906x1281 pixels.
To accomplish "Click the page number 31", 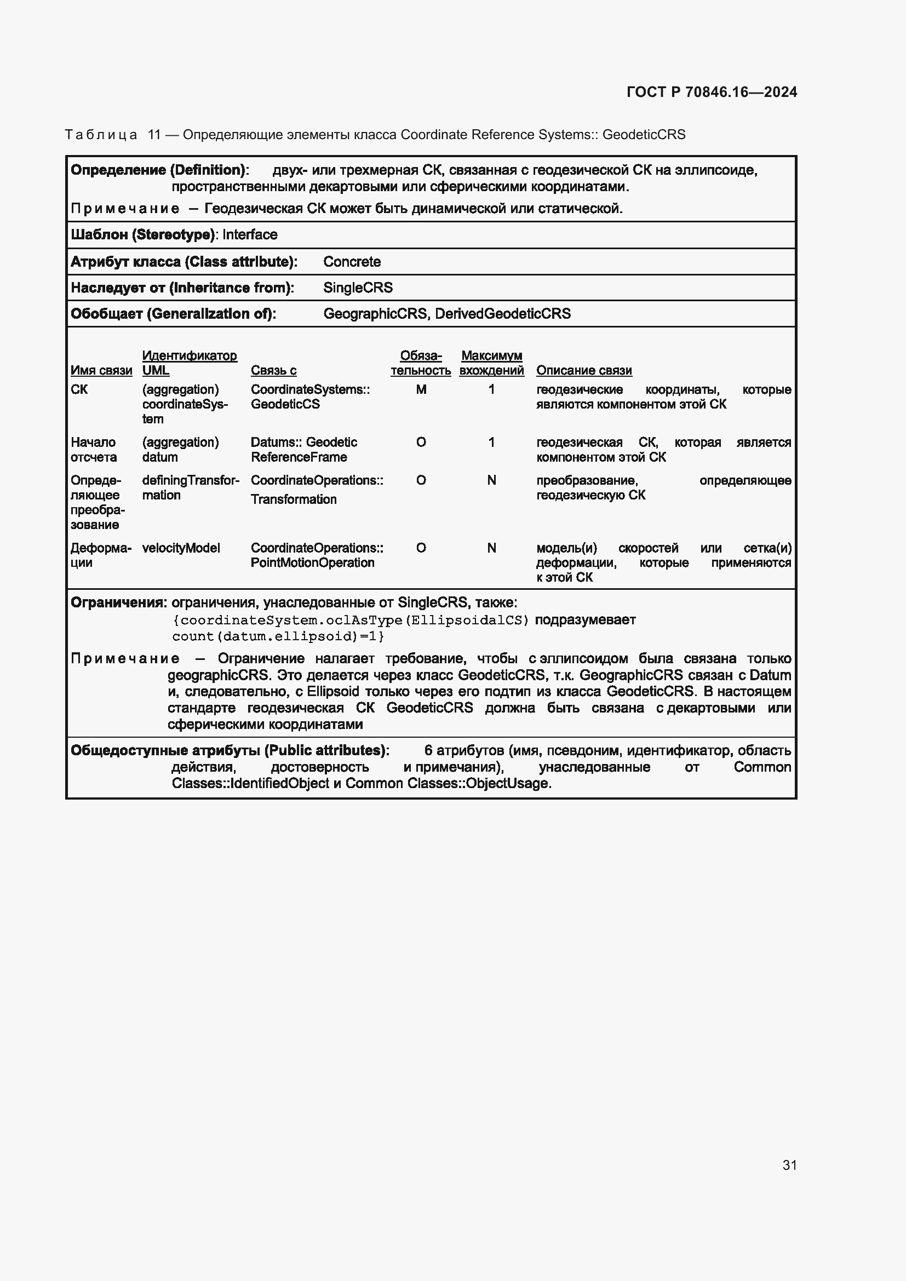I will tap(789, 1164).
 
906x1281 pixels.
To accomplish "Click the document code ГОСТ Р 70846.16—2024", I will tap(712, 92).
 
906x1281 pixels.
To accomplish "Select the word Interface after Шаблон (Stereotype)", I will tap(249, 234).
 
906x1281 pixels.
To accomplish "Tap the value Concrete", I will tap(352, 262).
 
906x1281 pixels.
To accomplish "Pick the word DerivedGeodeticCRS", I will tap(503, 314).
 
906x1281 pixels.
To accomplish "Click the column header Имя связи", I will tap(101, 370).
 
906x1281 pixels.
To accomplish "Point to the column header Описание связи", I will tap(583, 370).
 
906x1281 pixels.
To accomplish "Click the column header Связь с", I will tap(273, 370).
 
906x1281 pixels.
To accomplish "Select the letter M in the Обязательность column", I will tap(421, 389).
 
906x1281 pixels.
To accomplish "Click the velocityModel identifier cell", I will tap(181, 548).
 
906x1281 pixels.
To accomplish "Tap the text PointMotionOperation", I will tap(312, 562).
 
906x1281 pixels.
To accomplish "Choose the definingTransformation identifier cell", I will tap(190, 487).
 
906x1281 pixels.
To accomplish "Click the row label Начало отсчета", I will tap(94, 450).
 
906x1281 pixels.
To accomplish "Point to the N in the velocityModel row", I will tap(491, 548).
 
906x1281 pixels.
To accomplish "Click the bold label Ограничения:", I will tap(118, 602).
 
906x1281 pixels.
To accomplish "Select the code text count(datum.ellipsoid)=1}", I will tap(278, 636).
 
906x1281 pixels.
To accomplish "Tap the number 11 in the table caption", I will tap(154, 135).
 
